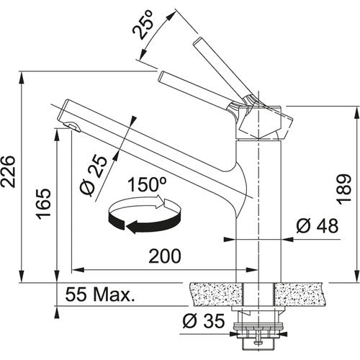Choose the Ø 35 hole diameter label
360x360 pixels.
pos(204,320)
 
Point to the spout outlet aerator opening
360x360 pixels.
pos(71,128)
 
